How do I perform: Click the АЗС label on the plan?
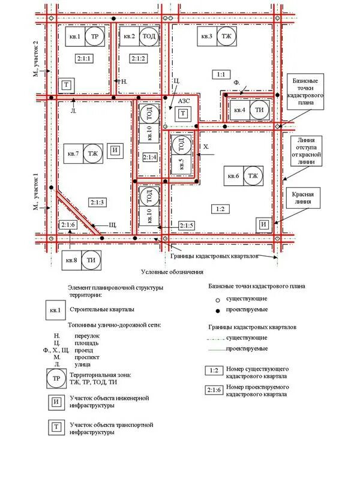coord(184,101)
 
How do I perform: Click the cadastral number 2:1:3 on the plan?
coord(97,202)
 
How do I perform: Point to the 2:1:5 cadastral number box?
coord(187,225)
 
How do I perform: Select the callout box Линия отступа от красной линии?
coord(308,150)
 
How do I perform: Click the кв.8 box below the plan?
coord(71,260)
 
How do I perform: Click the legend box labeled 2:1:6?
coord(212,390)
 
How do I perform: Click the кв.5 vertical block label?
coord(181,164)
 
